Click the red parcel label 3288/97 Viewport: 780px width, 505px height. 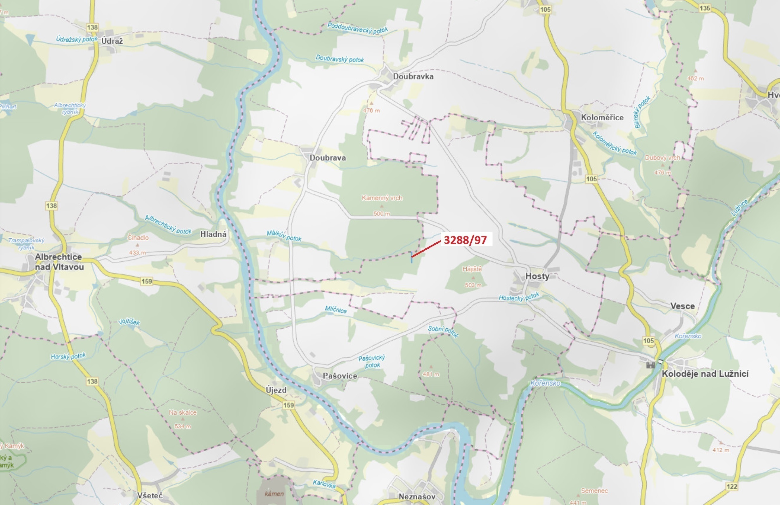pos(465,240)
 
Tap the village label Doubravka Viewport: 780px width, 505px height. pos(413,76)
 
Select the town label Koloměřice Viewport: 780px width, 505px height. pos(602,117)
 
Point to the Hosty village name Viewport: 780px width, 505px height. pos(537,276)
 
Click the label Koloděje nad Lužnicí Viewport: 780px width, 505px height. pos(705,374)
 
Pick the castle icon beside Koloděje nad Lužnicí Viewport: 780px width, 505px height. pos(650,365)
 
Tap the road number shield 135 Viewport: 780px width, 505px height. pos(704,8)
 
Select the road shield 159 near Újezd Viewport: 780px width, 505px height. pos(288,405)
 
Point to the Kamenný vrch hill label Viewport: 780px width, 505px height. pos(382,198)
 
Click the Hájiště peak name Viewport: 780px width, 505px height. pos(472,269)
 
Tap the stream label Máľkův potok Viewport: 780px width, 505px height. pos(284,235)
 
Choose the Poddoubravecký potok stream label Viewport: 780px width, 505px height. pos(358,28)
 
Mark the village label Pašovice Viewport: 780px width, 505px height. pos(340,376)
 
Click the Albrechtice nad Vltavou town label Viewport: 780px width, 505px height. pos(59,262)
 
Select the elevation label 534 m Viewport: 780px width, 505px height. pos(183,426)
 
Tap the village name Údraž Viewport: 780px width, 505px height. pos(112,41)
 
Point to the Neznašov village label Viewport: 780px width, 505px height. pos(417,496)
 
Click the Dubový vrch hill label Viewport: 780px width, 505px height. pos(662,158)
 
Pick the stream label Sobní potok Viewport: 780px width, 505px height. pos(443,331)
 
